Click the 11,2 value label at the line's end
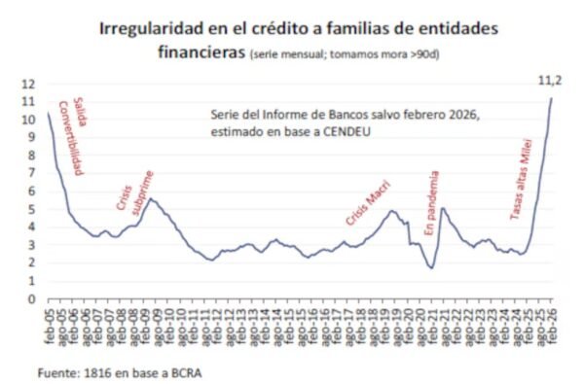tap(550, 81)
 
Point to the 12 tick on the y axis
tap(28, 85)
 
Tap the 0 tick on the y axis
tap(32, 299)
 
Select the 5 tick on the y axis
tap(32, 209)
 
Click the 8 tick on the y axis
tap(32, 156)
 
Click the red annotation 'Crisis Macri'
tap(368, 203)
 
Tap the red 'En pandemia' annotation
tap(432, 203)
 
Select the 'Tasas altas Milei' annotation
tap(521, 179)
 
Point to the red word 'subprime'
tap(143, 192)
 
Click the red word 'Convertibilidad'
tap(71, 138)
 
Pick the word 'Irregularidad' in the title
tap(151, 28)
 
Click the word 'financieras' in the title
tap(201, 52)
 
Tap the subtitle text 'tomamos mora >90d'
tap(384, 54)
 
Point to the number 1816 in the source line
tap(98, 373)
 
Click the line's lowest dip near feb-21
tap(431, 268)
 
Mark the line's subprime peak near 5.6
tap(150, 198)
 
